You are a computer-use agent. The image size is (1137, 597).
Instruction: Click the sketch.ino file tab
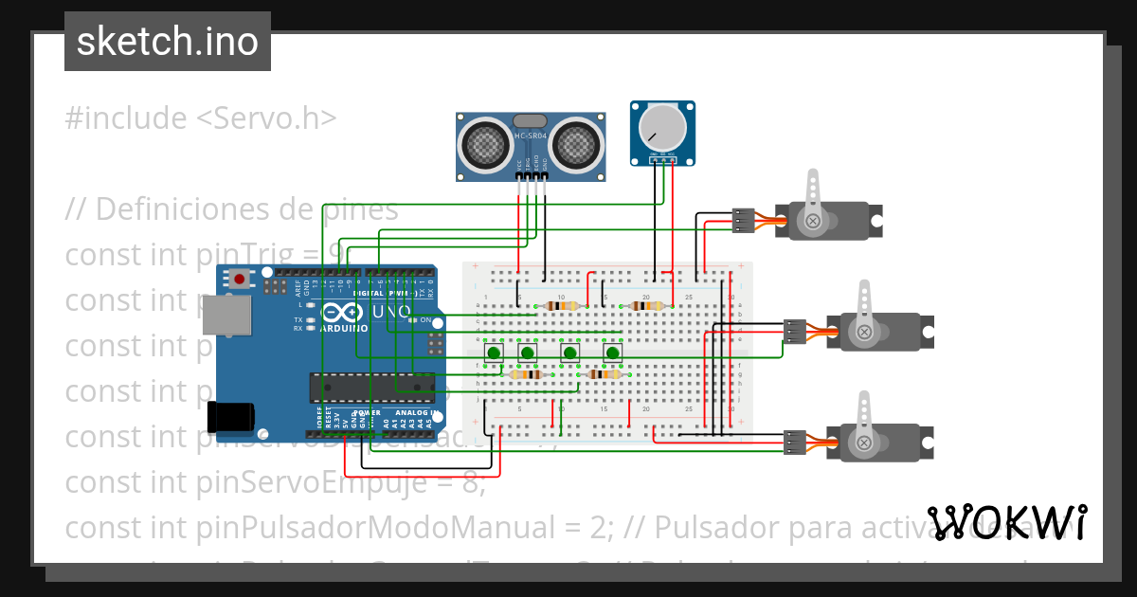[x=168, y=42]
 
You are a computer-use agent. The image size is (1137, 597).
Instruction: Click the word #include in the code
[x=126, y=118]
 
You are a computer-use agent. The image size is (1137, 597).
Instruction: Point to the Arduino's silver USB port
[x=227, y=316]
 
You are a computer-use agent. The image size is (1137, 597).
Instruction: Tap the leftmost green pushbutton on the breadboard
[x=494, y=354]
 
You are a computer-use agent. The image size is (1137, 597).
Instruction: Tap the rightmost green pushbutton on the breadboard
[x=613, y=354]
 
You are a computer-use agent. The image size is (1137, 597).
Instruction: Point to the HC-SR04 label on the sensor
[x=531, y=136]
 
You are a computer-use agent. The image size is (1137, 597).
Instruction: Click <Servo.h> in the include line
[x=266, y=118]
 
